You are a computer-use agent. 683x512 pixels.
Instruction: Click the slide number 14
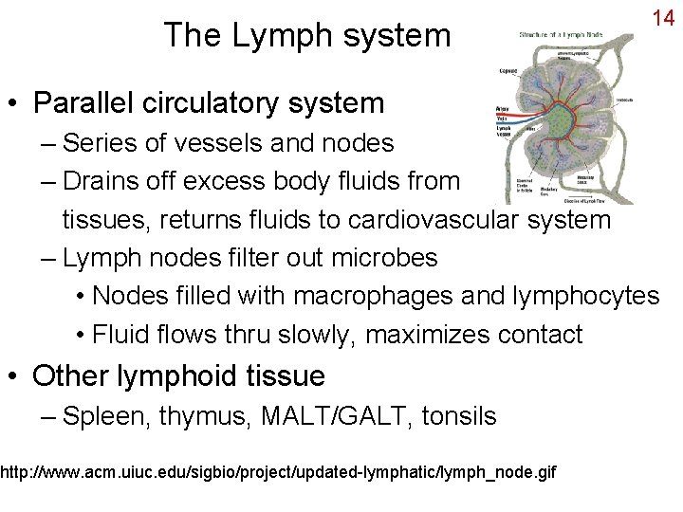pos(662,18)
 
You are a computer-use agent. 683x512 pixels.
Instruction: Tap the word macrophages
pos(373,297)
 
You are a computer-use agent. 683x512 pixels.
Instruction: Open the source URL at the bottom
pos(279,471)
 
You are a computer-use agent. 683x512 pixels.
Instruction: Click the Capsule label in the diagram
pos(508,71)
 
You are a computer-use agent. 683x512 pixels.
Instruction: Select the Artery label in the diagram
pos(502,109)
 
